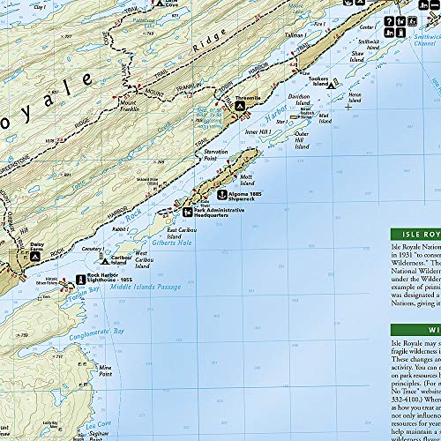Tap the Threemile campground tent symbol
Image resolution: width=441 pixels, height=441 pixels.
[x=241, y=106]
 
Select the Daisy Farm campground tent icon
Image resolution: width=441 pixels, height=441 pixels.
[x=36, y=256]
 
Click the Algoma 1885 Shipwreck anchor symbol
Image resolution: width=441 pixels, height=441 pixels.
[x=222, y=194]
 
